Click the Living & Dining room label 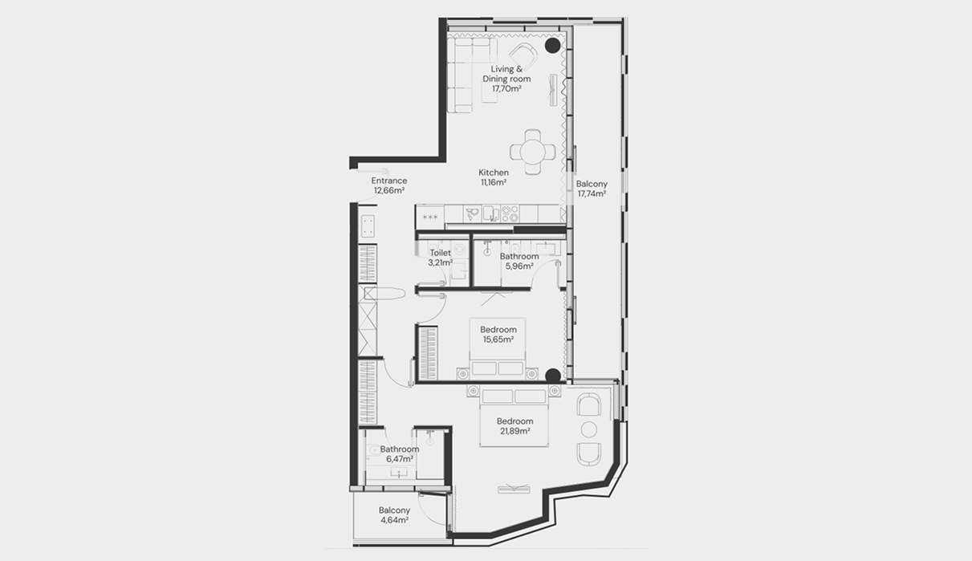click(x=506, y=74)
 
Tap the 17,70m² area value click(x=506, y=88)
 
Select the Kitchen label click(x=494, y=173)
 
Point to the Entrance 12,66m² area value click(x=389, y=190)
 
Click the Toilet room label click(x=440, y=253)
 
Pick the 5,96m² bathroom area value click(x=519, y=266)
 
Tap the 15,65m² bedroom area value click(x=498, y=339)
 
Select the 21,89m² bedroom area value click(x=514, y=431)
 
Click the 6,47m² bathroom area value click(x=400, y=458)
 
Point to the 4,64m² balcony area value click(x=394, y=520)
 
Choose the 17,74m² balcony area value click(x=592, y=193)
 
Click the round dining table click(x=532, y=152)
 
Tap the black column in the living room click(x=552, y=46)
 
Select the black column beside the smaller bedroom click(x=552, y=376)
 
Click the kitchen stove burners click(x=510, y=214)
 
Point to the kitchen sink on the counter click(x=490, y=213)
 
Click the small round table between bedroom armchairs click(x=589, y=429)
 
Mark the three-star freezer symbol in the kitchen click(x=430, y=217)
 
